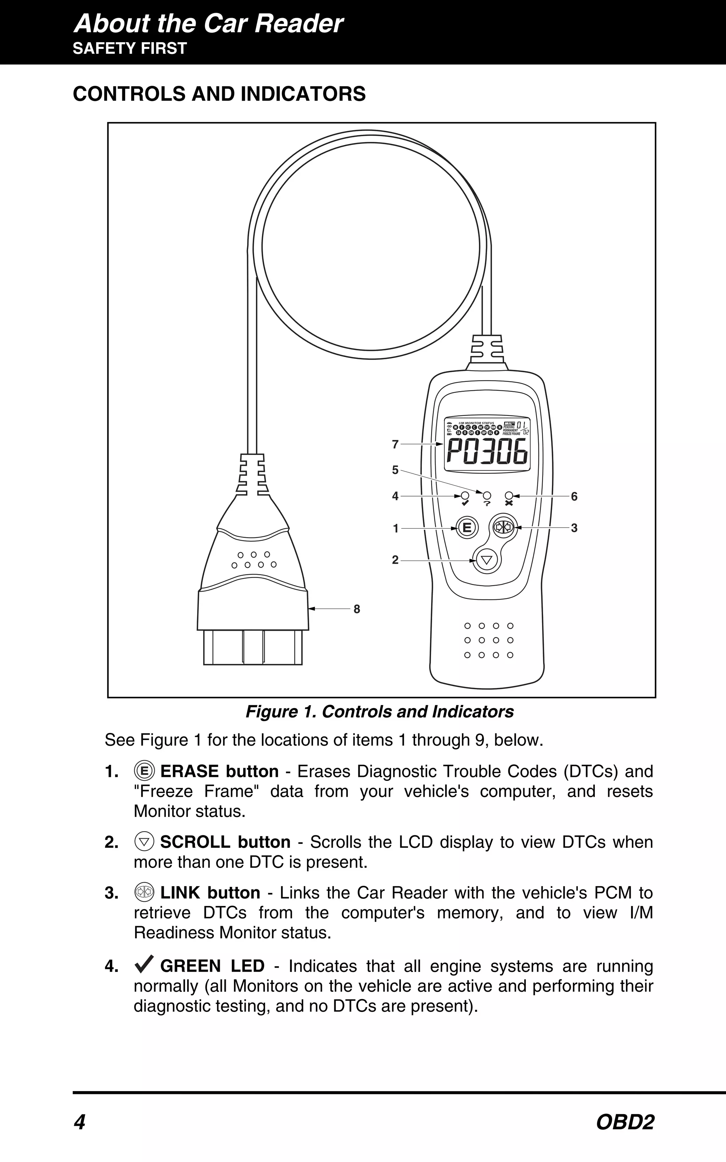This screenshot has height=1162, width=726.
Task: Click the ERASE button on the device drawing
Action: pos(466,528)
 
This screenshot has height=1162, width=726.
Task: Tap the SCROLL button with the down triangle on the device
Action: pos(487,560)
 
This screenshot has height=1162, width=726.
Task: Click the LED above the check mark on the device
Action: pos(465,495)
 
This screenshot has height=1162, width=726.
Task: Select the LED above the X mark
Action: pos(509,495)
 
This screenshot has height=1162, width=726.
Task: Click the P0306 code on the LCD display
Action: pos(487,453)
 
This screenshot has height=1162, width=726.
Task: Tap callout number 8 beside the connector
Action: pos(357,609)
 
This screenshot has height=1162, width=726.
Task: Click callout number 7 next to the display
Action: pos(395,445)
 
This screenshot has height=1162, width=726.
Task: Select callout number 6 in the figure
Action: pos(574,496)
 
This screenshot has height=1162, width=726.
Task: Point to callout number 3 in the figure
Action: pos(574,528)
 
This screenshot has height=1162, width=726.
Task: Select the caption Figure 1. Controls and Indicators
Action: pos(379,712)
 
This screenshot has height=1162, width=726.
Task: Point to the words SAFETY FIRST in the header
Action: pos(130,49)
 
